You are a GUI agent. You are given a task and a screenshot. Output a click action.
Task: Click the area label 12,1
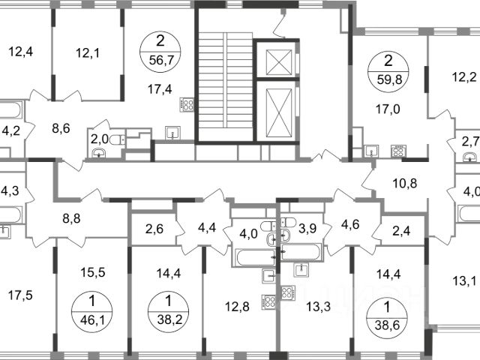(88, 53)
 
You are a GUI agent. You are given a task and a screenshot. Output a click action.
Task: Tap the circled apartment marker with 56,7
(160, 52)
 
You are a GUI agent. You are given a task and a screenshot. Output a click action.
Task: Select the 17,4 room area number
(160, 89)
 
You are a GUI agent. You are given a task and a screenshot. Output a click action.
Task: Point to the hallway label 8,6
(61, 128)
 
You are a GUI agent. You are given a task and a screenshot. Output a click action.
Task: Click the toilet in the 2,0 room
(118, 140)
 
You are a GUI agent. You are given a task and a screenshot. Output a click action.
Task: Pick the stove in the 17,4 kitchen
(187, 104)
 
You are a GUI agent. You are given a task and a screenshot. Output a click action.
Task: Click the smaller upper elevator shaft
(278, 62)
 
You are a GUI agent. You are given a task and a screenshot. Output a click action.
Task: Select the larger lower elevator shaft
(278, 112)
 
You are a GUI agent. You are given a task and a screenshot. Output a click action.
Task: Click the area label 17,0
(388, 109)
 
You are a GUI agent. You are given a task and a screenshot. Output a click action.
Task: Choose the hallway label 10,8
(405, 184)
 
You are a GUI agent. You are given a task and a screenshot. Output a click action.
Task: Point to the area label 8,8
(71, 219)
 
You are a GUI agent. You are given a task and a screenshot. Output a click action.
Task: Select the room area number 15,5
(93, 272)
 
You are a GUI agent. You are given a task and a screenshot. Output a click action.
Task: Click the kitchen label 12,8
(237, 307)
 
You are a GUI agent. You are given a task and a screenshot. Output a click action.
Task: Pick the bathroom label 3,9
(307, 229)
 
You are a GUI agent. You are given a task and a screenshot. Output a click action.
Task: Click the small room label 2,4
(401, 230)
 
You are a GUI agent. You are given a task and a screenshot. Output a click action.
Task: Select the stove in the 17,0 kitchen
(398, 151)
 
